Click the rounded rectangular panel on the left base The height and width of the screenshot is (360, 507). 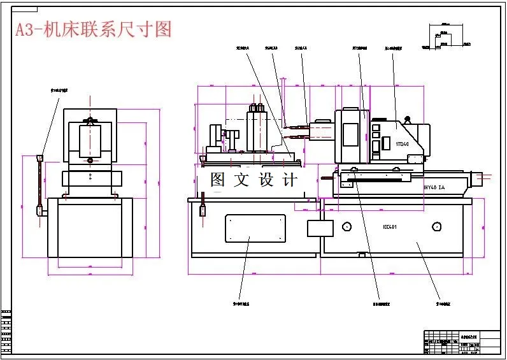click(255, 227)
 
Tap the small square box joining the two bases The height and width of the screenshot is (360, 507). click(316, 228)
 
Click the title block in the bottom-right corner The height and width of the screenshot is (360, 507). click(462, 342)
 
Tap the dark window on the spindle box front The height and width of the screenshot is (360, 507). click(350, 134)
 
